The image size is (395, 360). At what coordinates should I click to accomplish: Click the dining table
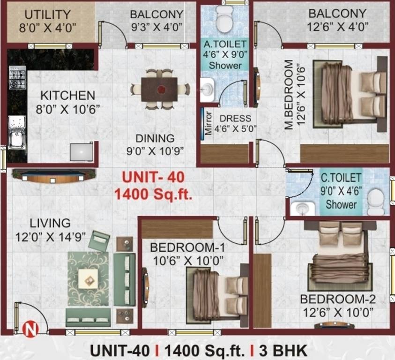[x=160, y=89]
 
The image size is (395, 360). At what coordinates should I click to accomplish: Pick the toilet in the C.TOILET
[x=376, y=201]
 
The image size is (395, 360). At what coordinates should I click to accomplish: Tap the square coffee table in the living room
[x=88, y=278]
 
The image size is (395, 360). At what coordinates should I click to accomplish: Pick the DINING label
[x=155, y=138]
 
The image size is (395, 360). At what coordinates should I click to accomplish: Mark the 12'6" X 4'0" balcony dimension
[x=337, y=27]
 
